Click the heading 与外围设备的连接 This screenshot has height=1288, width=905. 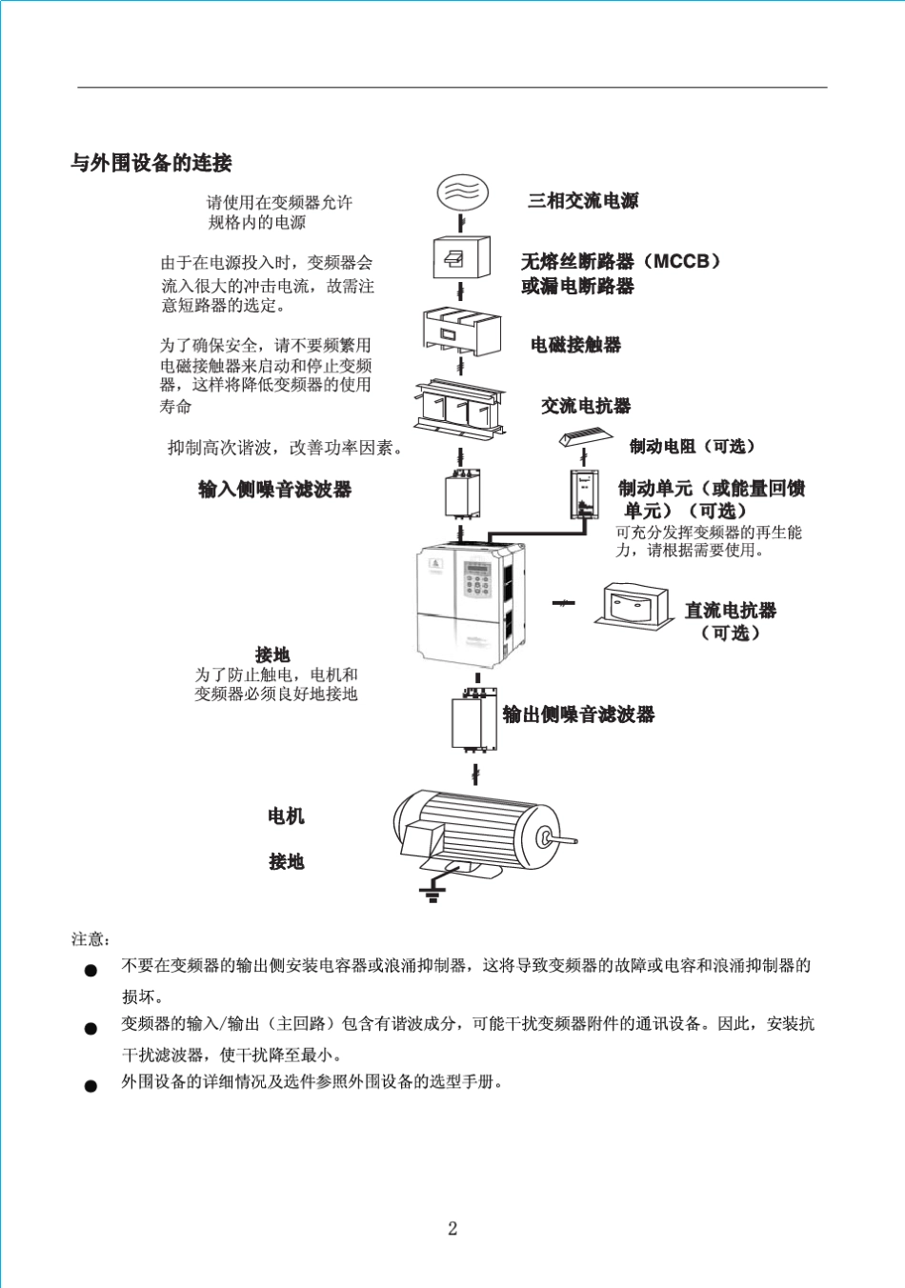[151, 163]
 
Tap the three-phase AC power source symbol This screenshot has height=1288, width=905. [462, 192]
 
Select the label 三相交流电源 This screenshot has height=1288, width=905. [583, 201]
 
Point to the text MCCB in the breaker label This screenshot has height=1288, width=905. [682, 261]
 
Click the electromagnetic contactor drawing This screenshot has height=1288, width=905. [462, 332]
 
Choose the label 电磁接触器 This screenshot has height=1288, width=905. [575, 345]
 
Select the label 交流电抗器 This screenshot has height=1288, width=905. [586, 406]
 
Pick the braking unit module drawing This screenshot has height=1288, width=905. [584, 494]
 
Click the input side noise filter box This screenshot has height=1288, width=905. [462, 496]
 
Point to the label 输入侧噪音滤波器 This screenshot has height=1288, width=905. [274, 490]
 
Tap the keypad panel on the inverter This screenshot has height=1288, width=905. [476, 578]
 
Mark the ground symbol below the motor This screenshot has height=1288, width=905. [432, 893]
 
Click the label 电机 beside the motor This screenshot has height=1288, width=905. [286, 816]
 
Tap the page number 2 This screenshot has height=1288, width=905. [452, 1228]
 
